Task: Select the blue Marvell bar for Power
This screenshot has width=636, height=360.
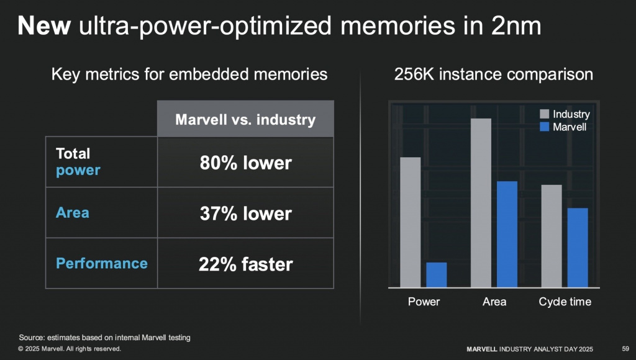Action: coord(436,274)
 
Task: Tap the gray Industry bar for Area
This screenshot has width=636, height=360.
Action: coord(481,202)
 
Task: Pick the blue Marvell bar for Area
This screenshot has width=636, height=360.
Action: coord(507,234)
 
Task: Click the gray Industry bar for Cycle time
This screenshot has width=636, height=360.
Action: coord(551,235)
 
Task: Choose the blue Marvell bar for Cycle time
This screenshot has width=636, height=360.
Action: coord(578,247)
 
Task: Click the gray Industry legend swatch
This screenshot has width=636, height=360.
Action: coord(545,114)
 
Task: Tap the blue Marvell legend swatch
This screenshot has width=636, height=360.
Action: coord(545,127)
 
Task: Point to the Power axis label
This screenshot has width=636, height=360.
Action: coord(424,302)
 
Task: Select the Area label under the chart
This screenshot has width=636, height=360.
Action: coord(494,302)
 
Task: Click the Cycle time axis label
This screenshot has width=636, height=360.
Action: coord(565,302)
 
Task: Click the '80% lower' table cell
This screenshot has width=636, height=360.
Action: coord(245,163)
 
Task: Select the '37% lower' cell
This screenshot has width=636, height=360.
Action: coord(245,214)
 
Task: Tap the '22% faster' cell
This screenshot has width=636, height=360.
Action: coord(245,264)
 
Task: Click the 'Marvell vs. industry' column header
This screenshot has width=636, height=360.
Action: coord(245,119)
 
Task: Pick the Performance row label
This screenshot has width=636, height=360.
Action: coord(102,263)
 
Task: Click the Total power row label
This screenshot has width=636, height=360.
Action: coord(78,161)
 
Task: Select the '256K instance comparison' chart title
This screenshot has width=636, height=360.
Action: coord(494,75)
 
